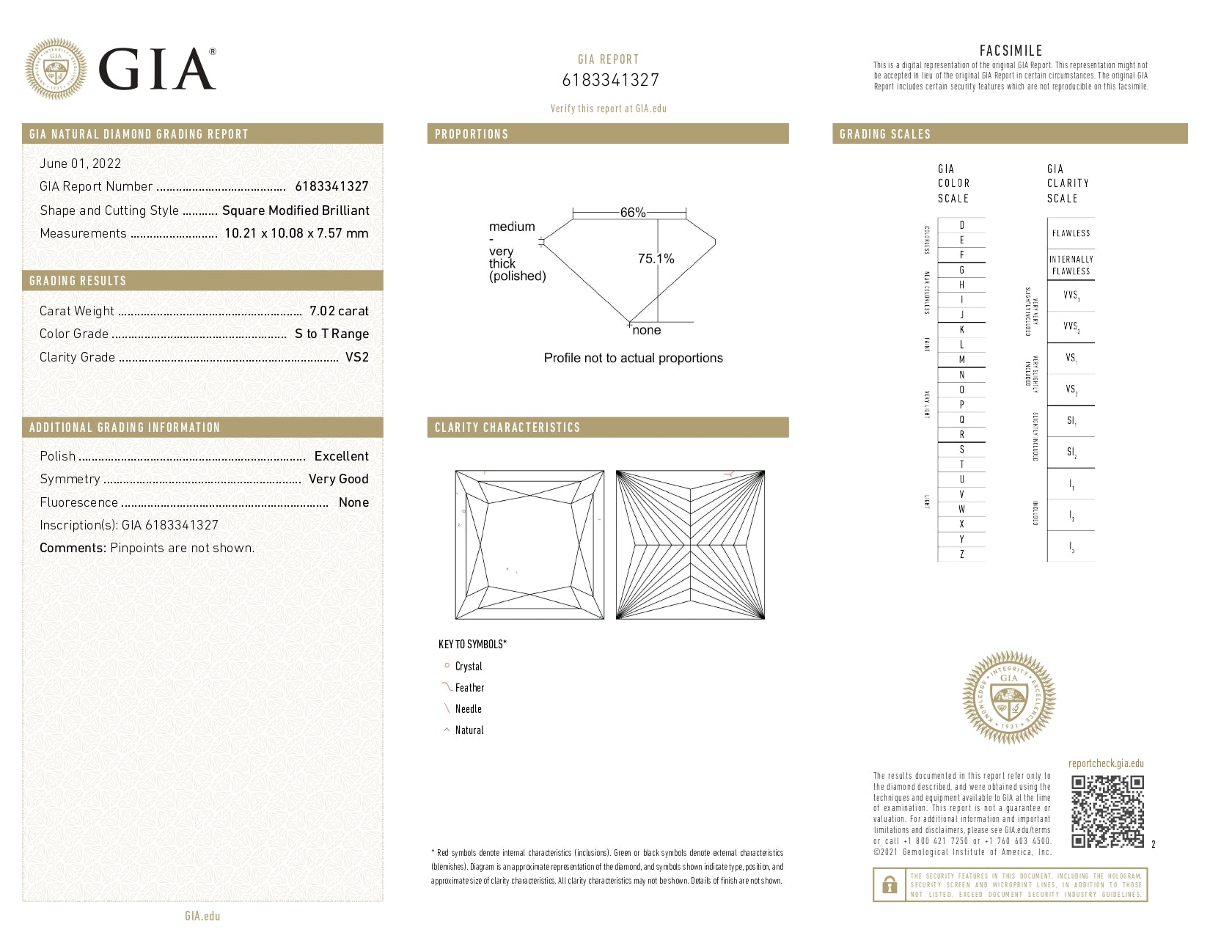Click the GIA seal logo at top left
click(56, 69)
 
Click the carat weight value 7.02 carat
click(339, 311)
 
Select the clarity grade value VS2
click(357, 357)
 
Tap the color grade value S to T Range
click(331, 334)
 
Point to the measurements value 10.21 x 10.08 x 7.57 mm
click(296, 233)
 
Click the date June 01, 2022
click(80, 164)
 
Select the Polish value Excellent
click(341, 456)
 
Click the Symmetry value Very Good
click(338, 479)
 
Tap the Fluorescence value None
click(353, 502)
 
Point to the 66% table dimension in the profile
click(632, 213)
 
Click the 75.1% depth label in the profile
click(656, 259)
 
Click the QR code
click(1107, 811)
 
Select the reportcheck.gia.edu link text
click(1106, 763)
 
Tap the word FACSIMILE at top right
click(1011, 51)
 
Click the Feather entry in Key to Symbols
click(469, 688)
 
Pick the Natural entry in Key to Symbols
click(469, 730)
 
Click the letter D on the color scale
click(961, 225)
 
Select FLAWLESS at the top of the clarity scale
click(1071, 233)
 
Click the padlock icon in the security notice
click(890, 885)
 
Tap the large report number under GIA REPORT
click(610, 80)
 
